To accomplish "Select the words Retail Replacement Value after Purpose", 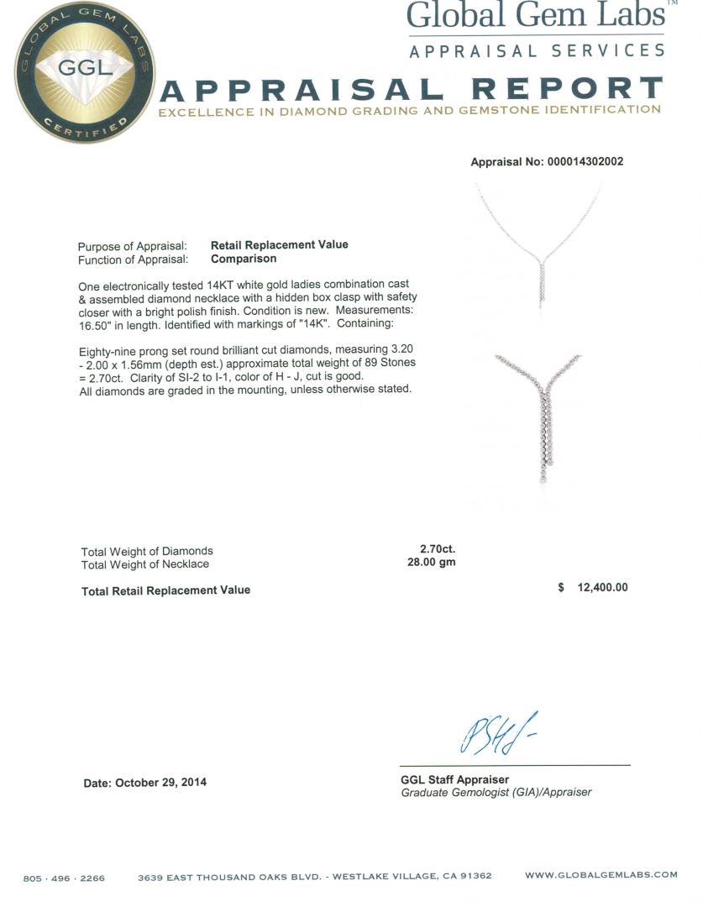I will click(279, 245).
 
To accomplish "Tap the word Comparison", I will click(244, 260).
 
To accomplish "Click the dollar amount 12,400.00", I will click(602, 588).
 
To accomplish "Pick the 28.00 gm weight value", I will click(431, 563).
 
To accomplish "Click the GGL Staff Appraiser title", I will click(454, 779).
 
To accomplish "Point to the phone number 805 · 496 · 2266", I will click(65, 878).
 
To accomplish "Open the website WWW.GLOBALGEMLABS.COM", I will click(601, 875).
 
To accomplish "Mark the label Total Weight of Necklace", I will click(144, 564).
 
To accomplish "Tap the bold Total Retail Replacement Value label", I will click(165, 590).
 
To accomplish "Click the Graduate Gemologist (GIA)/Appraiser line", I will click(496, 793).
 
